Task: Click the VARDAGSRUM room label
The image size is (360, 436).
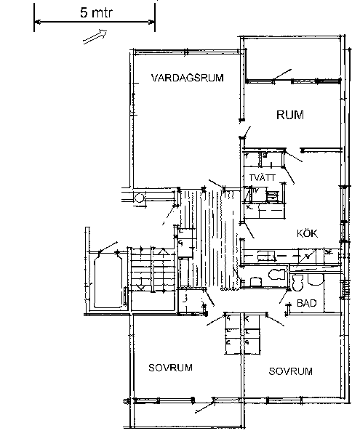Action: (x=187, y=78)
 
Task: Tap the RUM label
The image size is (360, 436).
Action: (x=290, y=115)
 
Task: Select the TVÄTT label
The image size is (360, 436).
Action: (x=262, y=177)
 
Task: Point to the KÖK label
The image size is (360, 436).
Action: (x=307, y=233)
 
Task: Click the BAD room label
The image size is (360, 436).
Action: (x=307, y=303)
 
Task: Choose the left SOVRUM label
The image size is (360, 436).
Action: (x=170, y=368)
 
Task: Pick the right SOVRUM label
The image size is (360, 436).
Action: (x=290, y=371)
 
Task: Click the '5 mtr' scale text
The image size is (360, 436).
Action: (x=96, y=13)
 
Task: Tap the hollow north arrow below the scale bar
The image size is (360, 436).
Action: (x=95, y=37)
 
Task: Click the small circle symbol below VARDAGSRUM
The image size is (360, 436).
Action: (x=140, y=198)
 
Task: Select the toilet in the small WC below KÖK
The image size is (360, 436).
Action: (x=277, y=275)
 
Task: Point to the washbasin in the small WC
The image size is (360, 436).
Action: (x=256, y=282)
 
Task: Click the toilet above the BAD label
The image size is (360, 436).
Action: (x=297, y=283)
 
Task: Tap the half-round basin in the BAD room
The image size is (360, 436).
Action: (x=316, y=280)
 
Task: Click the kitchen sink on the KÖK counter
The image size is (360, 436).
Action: (x=266, y=255)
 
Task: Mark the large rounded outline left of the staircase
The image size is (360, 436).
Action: (x=108, y=281)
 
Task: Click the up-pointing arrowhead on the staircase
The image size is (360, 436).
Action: (x=164, y=251)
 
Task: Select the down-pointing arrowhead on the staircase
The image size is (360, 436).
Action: (x=141, y=288)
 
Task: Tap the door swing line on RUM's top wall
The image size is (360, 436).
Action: (x=282, y=75)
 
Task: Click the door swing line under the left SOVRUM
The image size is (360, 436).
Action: (x=205, y=406)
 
